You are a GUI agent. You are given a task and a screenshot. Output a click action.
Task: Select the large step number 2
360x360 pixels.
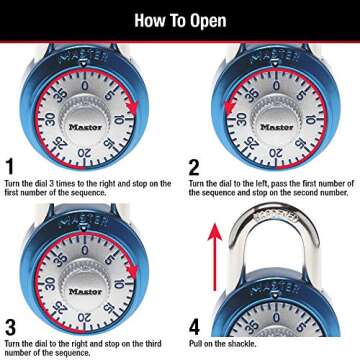tap(195, 167)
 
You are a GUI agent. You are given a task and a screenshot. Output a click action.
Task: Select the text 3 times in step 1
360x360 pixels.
tap(60, 184)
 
